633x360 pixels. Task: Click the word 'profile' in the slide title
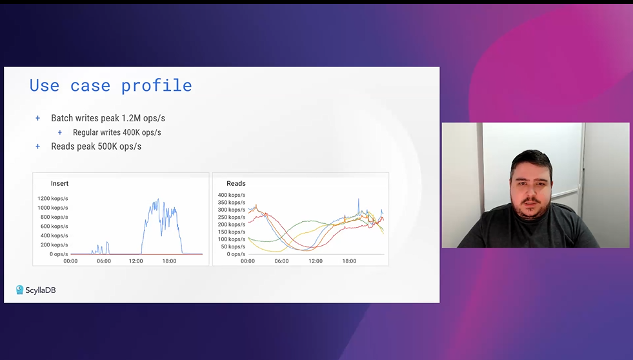tap(157, 86)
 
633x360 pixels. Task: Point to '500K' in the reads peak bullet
tap(107, 146)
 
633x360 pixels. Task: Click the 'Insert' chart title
tap(60, 184)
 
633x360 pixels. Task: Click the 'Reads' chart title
tap(236, 184)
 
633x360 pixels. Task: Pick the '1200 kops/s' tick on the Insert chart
tap(53, 199)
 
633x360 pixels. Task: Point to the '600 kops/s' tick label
tap(54, 226)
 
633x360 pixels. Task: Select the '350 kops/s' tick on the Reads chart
tap(231, 203)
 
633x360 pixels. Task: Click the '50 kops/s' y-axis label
tap(233, 246)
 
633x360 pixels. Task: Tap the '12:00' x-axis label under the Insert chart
tap(136, 261)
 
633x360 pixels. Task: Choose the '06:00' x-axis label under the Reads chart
tap(281, 261)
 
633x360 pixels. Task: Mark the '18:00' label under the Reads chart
tap(349, 261)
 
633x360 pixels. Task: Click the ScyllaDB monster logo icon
tap(19, 290)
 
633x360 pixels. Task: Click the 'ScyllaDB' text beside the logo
tap(41, 290)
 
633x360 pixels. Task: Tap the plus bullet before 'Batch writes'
tap(37, 118)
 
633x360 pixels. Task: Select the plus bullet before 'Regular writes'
tap(60, 132)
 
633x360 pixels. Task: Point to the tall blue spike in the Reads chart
tap(358, 206)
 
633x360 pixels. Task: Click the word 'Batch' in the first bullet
tap(62, 118)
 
